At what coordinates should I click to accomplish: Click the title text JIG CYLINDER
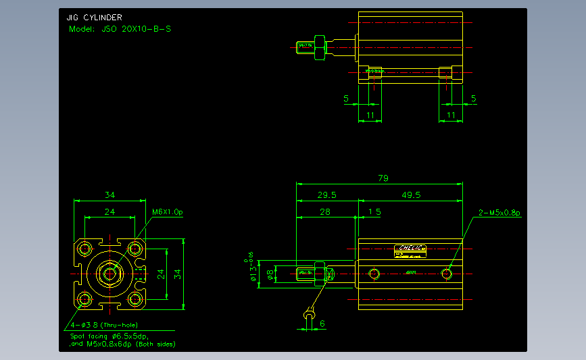[x=95, y=18]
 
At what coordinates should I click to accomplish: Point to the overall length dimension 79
[x=383, y=178]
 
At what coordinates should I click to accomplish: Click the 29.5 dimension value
[x=327, y=195]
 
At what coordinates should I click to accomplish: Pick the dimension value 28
[x=324, y=212]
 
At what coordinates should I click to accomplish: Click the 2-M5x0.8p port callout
[x=499, y=212]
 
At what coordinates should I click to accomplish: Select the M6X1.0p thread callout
[x=167, y=212]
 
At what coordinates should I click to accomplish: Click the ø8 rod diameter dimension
[x=271, y=274]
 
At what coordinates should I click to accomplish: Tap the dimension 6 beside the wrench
[x=322, y=324]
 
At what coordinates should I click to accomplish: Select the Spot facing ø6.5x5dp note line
[x=109, y=336]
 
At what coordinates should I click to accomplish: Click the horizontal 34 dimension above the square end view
[x=109, y=195]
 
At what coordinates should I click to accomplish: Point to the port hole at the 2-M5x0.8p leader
[x=464, y=274]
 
